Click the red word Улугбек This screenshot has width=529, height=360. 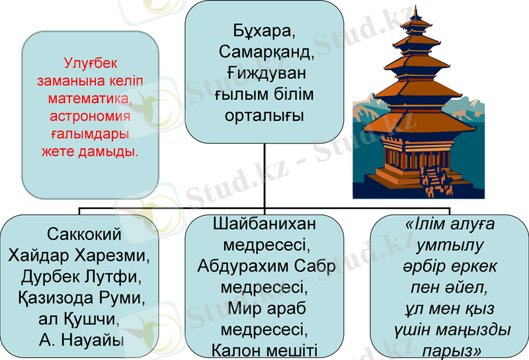click(91, 64)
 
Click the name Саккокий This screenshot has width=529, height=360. click(85, 234)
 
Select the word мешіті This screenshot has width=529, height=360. click(289, 349)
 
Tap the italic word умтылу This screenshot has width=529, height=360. click(450, 245)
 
